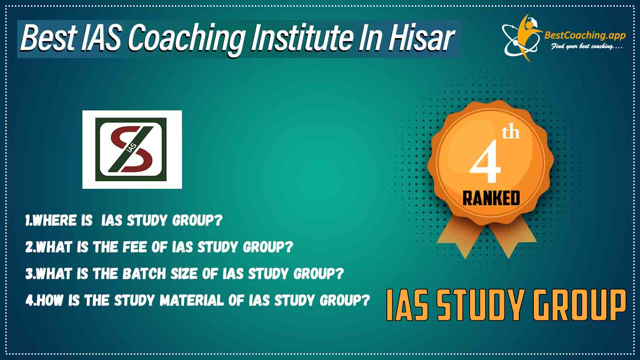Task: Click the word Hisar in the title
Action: click(x=420, y=38)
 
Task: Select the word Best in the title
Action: click(x=48, y=38)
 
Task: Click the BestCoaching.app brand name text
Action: click(x=585, y=36)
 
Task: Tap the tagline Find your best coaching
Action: click(x=587, y=46)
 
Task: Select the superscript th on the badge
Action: click(x=510, y=132)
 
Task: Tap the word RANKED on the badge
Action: click(x=491, y=198)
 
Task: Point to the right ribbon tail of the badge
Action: click(x=512, y=239)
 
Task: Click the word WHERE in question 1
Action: click(x=54, y=220)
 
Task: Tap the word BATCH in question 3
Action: click(x=144, y=274)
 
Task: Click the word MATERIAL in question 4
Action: click(x=192, y=300)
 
